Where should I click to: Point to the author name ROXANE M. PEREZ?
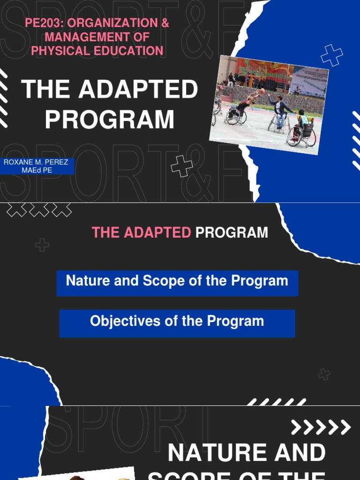pos(36,162)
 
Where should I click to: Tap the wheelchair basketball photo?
pos(269,104)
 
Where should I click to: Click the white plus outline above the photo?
pos(331,55)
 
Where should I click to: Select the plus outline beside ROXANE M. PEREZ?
pos(181,166)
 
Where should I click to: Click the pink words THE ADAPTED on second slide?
pos(141,232)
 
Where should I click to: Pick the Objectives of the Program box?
pos(177,323)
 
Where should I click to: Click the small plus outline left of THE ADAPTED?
pos(42,245)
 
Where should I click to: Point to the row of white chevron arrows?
pos(321,427)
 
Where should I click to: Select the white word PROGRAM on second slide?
pos(232,232)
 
